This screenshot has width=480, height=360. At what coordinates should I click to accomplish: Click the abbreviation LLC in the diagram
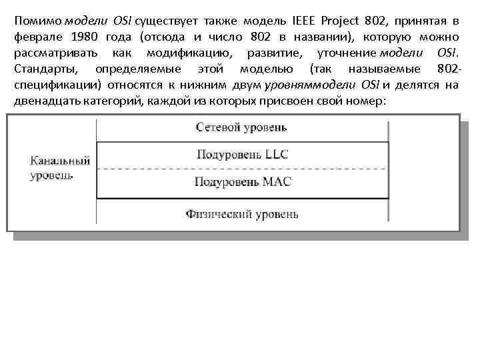[x=275, y=155]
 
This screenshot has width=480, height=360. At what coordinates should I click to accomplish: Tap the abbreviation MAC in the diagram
[x=275, y=182]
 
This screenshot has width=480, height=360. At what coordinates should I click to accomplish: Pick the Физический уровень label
[x=242, y=215]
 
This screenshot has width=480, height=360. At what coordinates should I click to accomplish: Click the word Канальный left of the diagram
[x=61, y=162]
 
